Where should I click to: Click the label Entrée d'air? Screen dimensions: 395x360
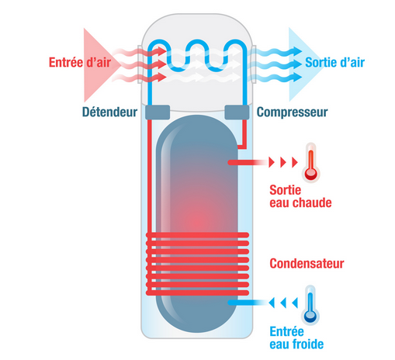80,62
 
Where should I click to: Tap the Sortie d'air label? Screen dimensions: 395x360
335,62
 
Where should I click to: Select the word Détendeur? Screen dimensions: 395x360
109,112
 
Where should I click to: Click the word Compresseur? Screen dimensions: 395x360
292,112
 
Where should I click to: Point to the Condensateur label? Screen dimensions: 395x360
307,264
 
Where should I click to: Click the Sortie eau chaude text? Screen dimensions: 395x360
300,196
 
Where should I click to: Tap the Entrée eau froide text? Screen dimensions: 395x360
296,338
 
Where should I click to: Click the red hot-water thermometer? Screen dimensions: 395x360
311,162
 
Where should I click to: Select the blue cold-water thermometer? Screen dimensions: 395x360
310,305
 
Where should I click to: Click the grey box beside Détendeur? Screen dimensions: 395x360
158,112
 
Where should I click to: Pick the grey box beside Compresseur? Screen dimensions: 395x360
237,112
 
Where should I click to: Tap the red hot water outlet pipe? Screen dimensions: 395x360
247,162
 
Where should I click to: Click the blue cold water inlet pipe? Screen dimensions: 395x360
247,303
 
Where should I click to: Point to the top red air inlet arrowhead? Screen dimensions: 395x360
161,51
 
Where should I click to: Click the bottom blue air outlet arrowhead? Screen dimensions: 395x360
296,77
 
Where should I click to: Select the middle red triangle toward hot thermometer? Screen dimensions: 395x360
283,162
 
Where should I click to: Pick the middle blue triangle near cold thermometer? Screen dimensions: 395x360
283,303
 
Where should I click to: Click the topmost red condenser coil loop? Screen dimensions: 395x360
197,235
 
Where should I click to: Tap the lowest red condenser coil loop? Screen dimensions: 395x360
197,292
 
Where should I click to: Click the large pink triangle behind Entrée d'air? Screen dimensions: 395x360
95,64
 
